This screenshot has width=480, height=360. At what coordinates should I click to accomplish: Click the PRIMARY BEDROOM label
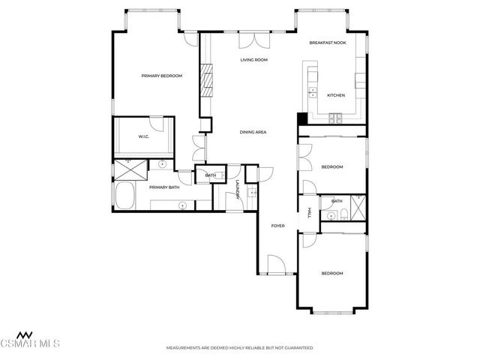pyautogui.click(x=162, y=76)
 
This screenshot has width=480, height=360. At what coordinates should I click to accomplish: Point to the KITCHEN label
pyautogui.click(x=335, y=95)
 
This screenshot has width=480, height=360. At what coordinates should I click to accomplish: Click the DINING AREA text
pyautogui.click(x=253, y=132)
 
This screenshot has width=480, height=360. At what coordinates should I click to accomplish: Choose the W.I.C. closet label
pyautogui.click(x=143, y=136)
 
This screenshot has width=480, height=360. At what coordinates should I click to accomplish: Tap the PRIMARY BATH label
pyautogui.click(x=163, y=187)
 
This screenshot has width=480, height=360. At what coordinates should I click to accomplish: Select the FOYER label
pyautogui.click(x=277, y=225)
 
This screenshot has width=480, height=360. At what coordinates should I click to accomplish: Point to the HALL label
pyautogui.click(x=310, y=213)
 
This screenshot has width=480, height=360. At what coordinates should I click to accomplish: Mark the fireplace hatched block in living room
pyautogui.click(x=205, y=78)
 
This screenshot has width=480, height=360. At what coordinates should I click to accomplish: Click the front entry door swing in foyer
pyautogui.click(x=274, y=263)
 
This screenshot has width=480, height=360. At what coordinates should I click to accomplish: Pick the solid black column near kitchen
pyautogui.click(x=301, y=118)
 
